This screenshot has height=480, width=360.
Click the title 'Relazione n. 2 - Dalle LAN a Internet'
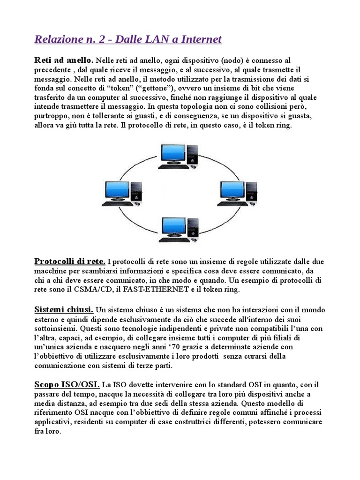128,39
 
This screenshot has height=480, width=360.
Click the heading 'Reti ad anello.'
64,60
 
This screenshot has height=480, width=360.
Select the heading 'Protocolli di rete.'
69,261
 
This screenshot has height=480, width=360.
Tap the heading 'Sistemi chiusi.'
64,309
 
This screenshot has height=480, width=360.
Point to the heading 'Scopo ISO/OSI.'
67,384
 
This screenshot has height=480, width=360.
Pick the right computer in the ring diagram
238,193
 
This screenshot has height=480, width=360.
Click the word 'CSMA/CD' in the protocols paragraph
91,289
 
